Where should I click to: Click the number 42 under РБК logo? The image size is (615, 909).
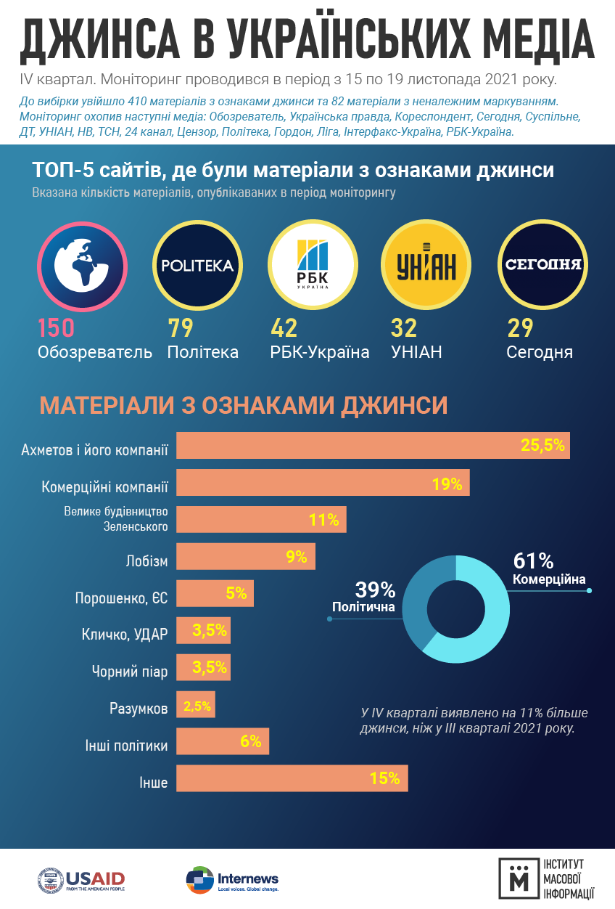284,328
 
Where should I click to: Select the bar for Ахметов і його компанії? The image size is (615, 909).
373,446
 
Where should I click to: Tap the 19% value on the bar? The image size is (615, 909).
447,484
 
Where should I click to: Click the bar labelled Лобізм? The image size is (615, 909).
246,557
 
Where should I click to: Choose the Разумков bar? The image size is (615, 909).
196,705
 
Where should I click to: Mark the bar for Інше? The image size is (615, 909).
292,779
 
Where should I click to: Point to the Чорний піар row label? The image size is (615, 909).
130,672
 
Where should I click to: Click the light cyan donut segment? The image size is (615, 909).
490,617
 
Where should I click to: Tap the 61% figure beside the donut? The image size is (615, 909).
533,561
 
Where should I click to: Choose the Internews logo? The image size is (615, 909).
232,880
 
